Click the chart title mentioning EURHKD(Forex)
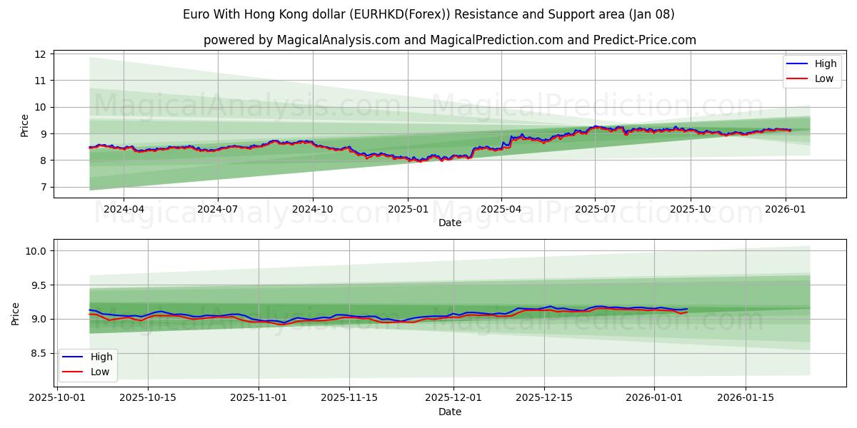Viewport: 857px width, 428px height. pos(428,14)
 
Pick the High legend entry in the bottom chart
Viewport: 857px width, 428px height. pos(100,357)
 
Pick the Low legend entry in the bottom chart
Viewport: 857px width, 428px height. pos(99,372)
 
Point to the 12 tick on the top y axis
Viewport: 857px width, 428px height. pos(41,54)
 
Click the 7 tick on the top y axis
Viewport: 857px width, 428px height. pos(43,188)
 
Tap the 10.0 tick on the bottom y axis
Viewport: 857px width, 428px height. pos(37,251)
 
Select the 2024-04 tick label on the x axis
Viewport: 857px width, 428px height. pos(124,209)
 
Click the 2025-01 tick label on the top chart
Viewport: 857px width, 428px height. pos(408,209)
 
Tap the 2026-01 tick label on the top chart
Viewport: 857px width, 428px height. pos(786,209)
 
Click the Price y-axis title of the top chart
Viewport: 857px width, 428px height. pos(25,125)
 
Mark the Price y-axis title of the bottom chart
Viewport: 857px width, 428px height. pos(16,313)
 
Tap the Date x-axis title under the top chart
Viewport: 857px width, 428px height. pos(449,223)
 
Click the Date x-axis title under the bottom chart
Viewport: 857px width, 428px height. pos(449,412)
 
